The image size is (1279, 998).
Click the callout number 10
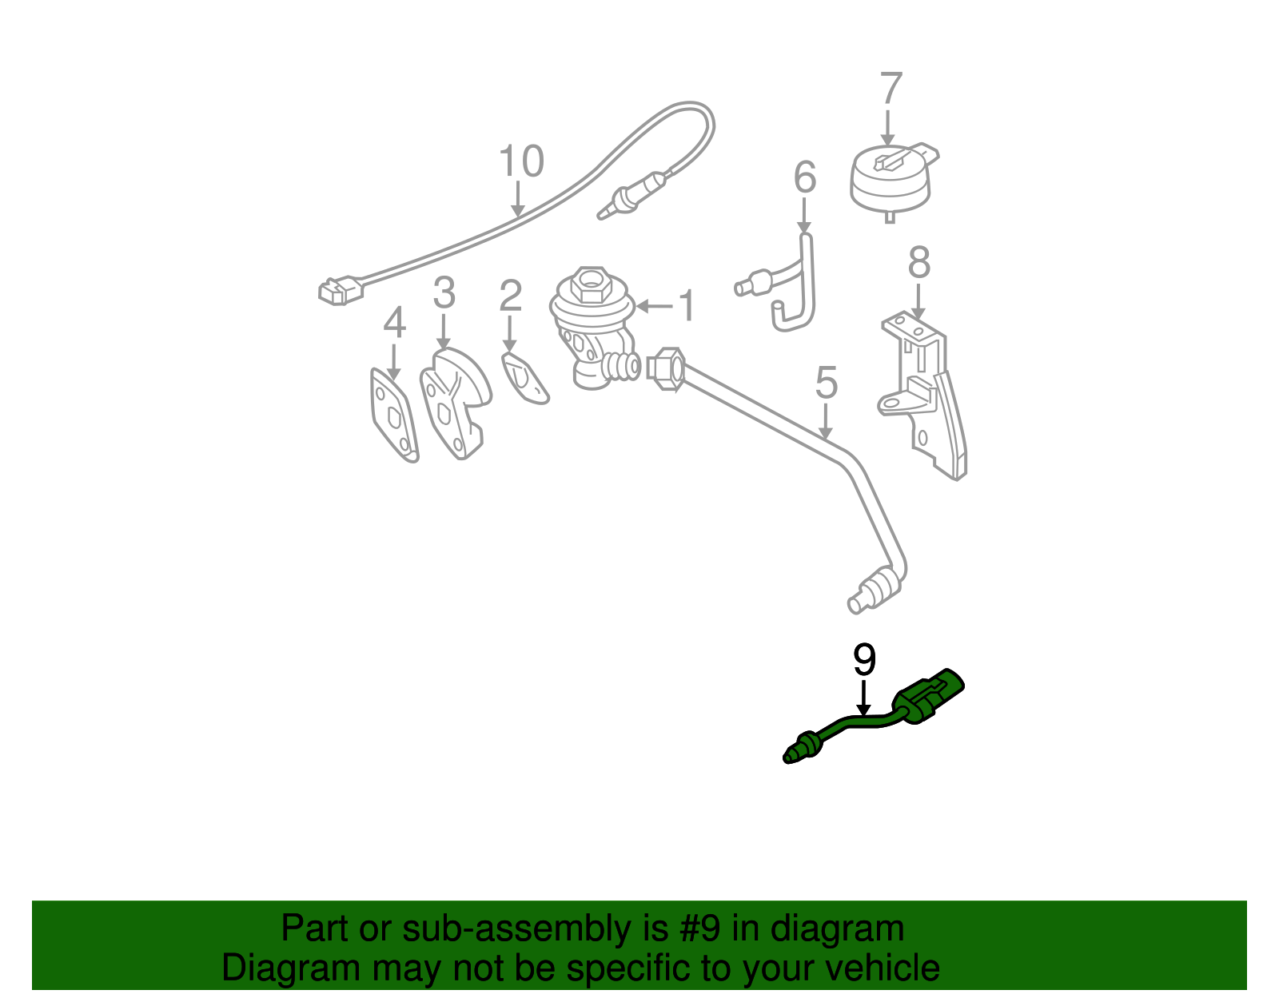pyautogui.click(x=521, y=161)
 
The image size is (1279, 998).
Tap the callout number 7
pyautogui.click(x=891, y=89)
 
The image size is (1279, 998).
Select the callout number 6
pyautogui.click(x=805, y=177)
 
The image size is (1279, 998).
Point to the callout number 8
pyautogui.click(x=919, y=263)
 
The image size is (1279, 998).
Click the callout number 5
pyautogui.click(x=827, y=383)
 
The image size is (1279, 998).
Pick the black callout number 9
pyautogui.click(x=864, y=660)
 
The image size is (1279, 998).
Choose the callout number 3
pyautogui.click(x=444, y=293)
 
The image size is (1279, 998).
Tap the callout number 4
pyautogui.click(x=394, y=324)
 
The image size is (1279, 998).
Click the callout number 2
pyautogui.click(x=510, y=296)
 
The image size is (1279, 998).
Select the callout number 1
pyautogui.click(x=687, y=306)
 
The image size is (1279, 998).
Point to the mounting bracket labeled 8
pyautogui.click(x=927, y=400)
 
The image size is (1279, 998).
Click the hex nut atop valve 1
pyautogui.click(x=591, y=281)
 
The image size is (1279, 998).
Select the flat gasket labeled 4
pyautogui.click(x=393, y=416)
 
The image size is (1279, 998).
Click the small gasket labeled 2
pyautogui.click(x=524, y=378)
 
